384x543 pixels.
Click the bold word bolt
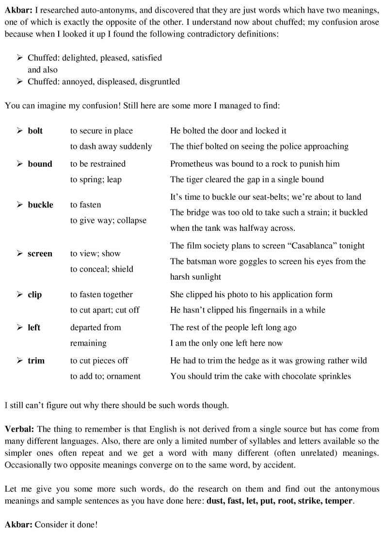click(35, 131)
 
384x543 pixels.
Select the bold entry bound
click(40, 164)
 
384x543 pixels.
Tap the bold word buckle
click(40, 205)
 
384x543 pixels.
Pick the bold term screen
click(40, 254)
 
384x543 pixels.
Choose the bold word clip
click(34, 295)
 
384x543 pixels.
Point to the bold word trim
click(36, 361)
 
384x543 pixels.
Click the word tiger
click(195, 179)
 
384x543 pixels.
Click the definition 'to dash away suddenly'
click(111, 146)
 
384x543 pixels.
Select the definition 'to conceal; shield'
click(101, 269)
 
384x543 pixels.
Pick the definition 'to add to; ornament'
click(105, 376)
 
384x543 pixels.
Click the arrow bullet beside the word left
click(19, 328)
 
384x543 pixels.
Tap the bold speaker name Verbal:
click(19, 430)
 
